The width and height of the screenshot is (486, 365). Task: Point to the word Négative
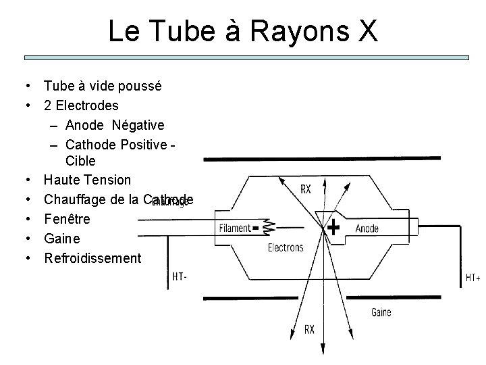pos(138,125)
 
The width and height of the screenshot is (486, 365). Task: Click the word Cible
pos(81,162)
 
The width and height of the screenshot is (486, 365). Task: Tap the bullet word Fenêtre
pos(67,219)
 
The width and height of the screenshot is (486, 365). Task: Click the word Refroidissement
pos(92,258)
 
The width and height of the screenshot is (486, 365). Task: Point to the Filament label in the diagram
pos(234,228)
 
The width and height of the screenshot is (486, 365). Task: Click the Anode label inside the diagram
pos(367,228)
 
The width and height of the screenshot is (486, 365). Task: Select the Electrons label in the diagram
pos(286,247)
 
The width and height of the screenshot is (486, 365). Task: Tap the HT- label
pos(180,277)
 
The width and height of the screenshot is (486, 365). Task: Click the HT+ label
pos(473,278)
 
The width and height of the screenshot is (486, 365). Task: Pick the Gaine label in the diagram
pos(381,313)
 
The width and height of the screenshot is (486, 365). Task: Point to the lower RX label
pos(308,330)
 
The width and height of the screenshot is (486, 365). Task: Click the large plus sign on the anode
pos(333,228)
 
